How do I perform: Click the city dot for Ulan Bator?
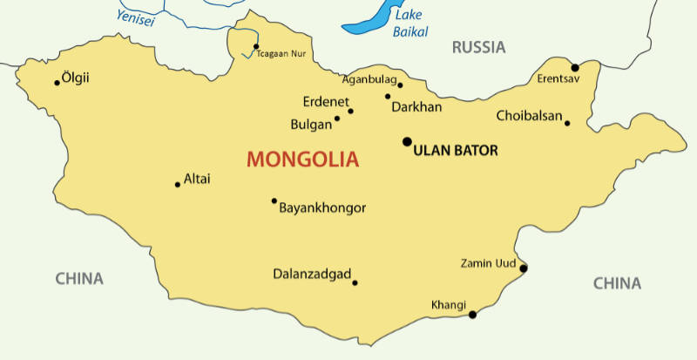tap(407, 141)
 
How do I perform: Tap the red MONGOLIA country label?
tap(302, 160)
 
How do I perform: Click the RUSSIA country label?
tap(478, 48)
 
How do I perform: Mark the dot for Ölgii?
tap(58, 83)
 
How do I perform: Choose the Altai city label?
tap(197, 180)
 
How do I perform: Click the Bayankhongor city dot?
tap(274, 200)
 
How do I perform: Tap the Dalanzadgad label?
tap(311, 273)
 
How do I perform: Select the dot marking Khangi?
tap(472, 315)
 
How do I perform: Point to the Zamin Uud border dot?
tap(523, 268)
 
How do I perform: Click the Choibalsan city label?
tap(529, 116)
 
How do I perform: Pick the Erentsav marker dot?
tap(575, 67)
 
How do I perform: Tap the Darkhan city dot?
tap(388, 97)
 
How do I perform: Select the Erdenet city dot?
tap(351, 111)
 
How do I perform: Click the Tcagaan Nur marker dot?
tap(256, 46)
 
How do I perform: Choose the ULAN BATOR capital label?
tap(456, 151)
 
